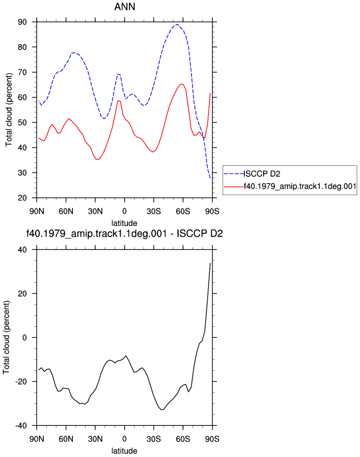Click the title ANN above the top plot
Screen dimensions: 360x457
pyautogui.click(x=125, y=7)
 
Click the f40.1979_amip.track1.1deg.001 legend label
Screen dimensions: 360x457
pyautogui.click(x=300, y=186)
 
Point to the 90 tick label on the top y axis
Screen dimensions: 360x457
pyautogui.click(x=22, y=22)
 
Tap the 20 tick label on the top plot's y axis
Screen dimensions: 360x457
pyautogui.click(x=22, y=198)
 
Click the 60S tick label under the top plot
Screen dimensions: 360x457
pyautogui.click(x=183, y=212)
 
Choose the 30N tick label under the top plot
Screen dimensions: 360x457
pyautogui.click(x=95, y=212)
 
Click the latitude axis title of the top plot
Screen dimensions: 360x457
pyautogui.click(x=125, y=223)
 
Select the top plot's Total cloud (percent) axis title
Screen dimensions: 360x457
pyautogui.click(x=9, y=110)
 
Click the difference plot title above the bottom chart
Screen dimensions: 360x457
pyautogui.click(x=125, y=234)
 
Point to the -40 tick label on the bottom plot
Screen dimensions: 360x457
pyautogui.click(x=21, y=425)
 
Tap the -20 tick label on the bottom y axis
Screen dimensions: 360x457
pyautogui.click(x=21, y=381)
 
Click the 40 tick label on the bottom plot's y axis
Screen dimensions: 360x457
pyautogui.click(x=22, y=249)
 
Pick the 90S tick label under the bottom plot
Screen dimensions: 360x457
pyautogui.click(x=212, y=439)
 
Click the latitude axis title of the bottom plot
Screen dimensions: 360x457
pyautogui.click(x=125, y=451)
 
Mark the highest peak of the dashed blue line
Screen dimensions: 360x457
pyautogui.click(x=177, y=24)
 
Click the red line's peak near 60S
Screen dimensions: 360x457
pyautogui.click(x=182, y=84)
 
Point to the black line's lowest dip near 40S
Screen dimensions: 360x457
pyautogui.click(x=162, y=410)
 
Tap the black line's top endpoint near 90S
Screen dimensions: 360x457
pyautogui.click(x=210, y=263)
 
